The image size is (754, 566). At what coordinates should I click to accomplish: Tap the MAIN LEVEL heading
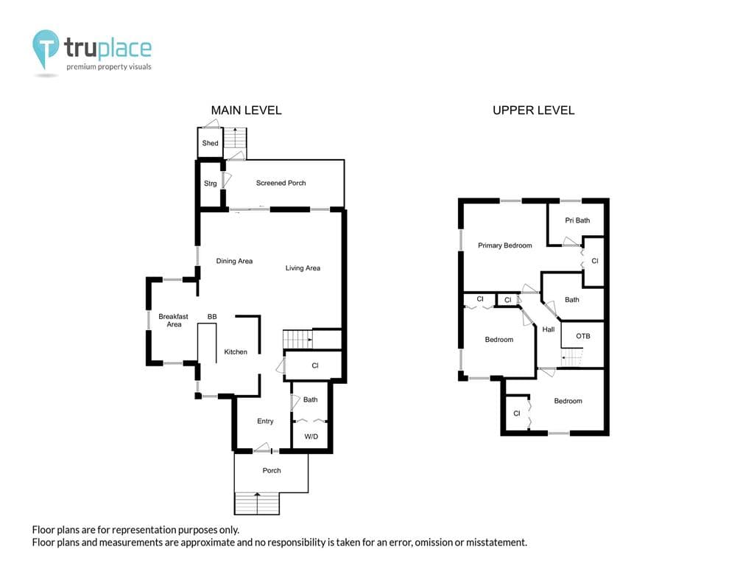click(x=246, y=111)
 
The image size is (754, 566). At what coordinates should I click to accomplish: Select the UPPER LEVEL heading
click(x=533, y=111)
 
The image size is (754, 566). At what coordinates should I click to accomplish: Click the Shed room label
click(x=210, y=143)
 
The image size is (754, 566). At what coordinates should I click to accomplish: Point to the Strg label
click(x=210, y=184)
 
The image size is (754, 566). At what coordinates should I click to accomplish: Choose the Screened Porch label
click(x=281, y=183)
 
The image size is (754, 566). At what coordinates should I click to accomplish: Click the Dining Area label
click(x=234, y=261)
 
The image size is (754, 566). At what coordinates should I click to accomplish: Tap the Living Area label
click(x=303, y=268)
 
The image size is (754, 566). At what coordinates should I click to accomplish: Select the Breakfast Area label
click(x=174, y=320)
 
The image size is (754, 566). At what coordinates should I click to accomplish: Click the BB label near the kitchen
click(x=212, y=317)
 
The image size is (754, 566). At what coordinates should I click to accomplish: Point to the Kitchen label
click(x=236, y=352)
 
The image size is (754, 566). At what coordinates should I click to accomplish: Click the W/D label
click(x=311, y=436)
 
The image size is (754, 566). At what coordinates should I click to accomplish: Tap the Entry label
click(x=265, y=421)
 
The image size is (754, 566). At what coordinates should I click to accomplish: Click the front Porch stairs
click(x=257, y=503)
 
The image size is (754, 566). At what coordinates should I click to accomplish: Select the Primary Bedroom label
click(x=505, y=245)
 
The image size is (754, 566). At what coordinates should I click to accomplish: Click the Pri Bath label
click(x=577, y=220)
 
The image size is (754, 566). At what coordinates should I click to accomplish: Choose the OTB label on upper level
click(x=583, y=336)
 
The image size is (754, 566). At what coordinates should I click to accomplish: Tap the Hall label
click(x=548, y=329)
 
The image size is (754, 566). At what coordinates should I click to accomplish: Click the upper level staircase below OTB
click(x=571, y=357)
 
